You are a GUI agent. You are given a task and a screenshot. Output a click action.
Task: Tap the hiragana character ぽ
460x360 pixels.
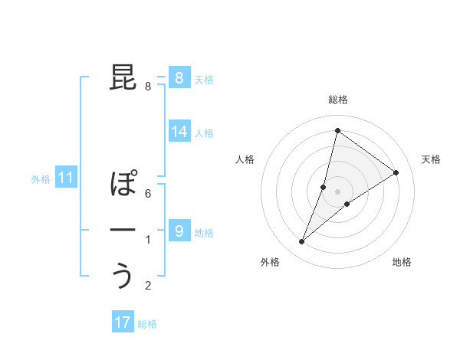coord(125,184)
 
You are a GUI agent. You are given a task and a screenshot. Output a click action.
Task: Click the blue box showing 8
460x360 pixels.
coord(179,77)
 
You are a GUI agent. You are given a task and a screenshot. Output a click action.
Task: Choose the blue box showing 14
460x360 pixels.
coord(179,132)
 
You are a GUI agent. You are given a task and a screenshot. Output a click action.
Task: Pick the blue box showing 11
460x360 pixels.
coord(65,178)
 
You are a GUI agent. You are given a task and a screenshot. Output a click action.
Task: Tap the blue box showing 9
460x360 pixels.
coord(179,231)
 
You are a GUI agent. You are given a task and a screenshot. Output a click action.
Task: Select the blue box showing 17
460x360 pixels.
coord(123,322)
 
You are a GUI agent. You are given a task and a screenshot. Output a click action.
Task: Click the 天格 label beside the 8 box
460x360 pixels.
coord(204,79)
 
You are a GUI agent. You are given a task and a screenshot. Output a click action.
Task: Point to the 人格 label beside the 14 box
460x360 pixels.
coord(204,133)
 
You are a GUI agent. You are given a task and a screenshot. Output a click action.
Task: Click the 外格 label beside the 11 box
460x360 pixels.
coord(40,179)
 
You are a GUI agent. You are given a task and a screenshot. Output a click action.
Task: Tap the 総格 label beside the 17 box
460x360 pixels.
coord(147,324)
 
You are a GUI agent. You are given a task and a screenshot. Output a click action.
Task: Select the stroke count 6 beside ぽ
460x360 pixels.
coord(147,194)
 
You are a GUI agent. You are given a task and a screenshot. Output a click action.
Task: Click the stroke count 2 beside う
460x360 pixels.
coord(147,286)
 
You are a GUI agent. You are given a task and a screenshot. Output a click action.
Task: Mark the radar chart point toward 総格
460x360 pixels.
coord(337,130)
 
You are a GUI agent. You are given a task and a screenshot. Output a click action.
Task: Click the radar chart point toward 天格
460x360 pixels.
coord(396,172)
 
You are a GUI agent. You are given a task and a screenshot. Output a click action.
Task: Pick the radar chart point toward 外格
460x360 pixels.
coord(301,242)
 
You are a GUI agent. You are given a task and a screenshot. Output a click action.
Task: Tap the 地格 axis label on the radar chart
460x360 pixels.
coord(402,263)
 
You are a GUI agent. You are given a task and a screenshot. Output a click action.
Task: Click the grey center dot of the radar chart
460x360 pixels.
coord(337,191)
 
